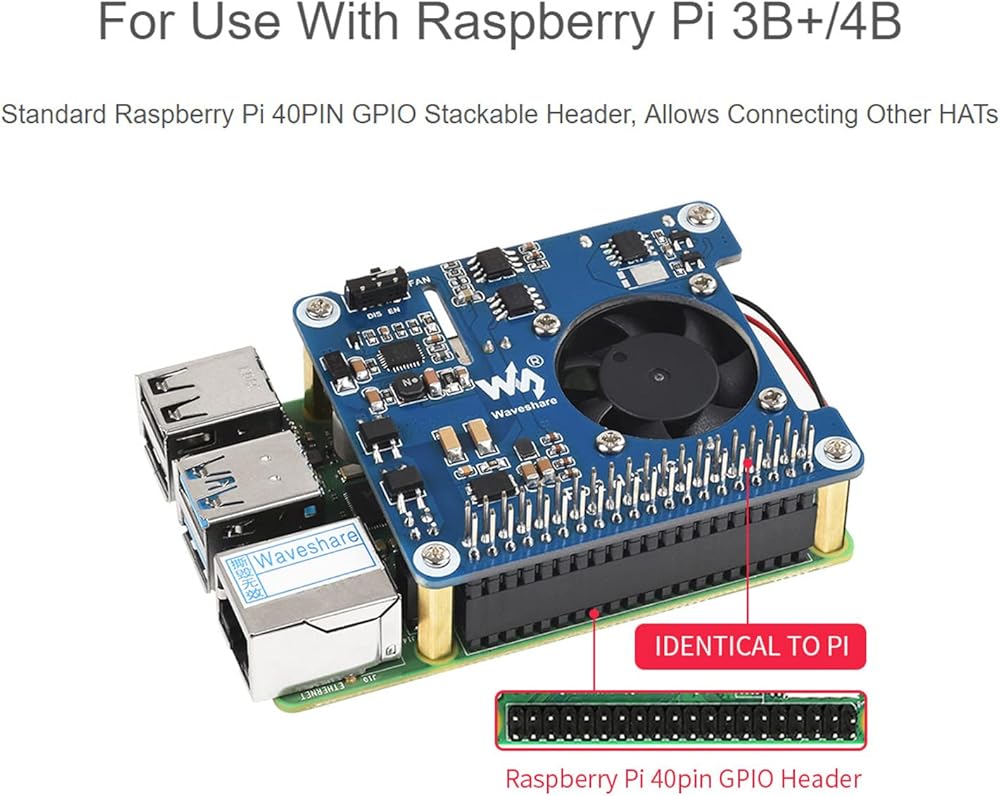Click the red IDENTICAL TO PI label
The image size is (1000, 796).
tap(750, 645)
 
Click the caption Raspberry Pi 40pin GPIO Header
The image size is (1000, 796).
tap(683, 777)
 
